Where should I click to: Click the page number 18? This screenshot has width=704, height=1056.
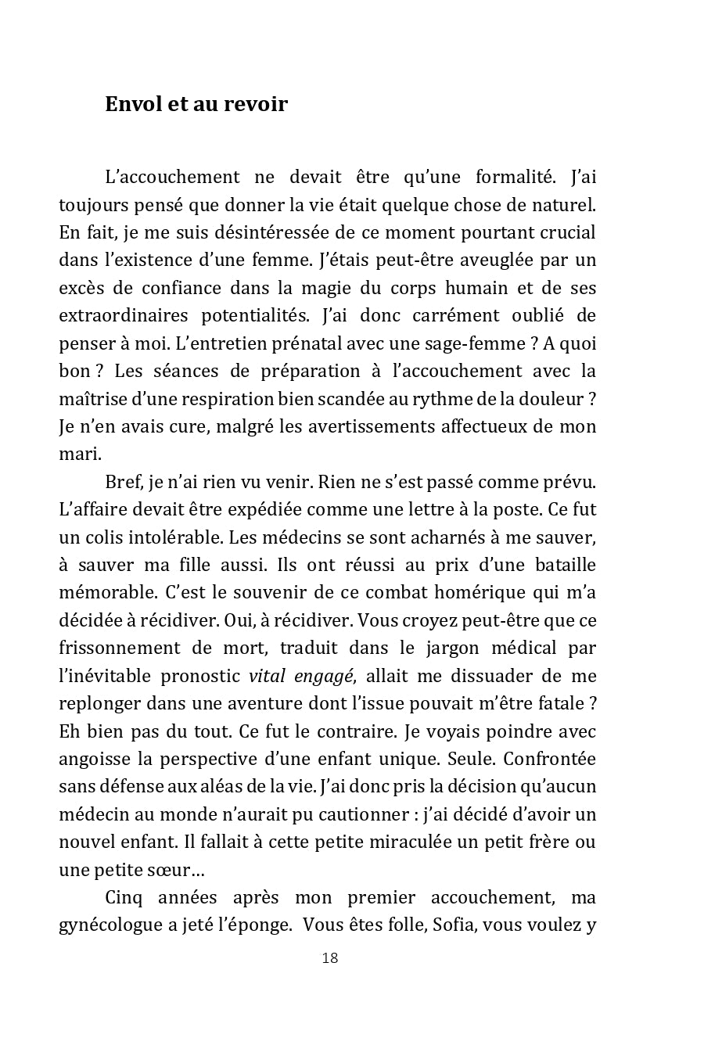329,958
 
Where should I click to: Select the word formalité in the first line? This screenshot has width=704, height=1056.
508,177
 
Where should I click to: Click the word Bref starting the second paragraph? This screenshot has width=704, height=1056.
123,482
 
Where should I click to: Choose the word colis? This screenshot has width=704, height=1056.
101,537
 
